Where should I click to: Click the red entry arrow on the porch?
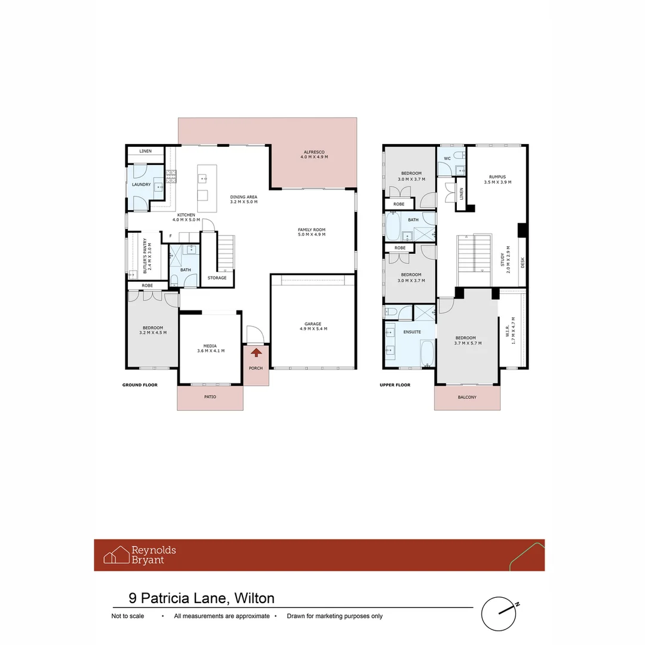(x=256, y=353)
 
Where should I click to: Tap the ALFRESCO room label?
(x=315, y=155)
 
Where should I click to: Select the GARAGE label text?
(x=314, y=326)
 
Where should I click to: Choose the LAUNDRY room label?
(x=141, y=185)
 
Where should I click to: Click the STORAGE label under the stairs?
(x=217, y=278)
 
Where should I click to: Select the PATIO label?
(x=210, y=397)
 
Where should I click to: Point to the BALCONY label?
(x=467, y=397)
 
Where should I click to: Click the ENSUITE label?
(x=412, y=331)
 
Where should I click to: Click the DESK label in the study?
(x=523, y=262)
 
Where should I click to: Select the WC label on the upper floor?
(x=447, y=158)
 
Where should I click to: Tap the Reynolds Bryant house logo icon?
(x=116, y=555)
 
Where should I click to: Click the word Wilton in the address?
(x=254, y=598)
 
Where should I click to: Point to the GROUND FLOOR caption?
(x=140, y=385)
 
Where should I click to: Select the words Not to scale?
(x=128, y=616)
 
